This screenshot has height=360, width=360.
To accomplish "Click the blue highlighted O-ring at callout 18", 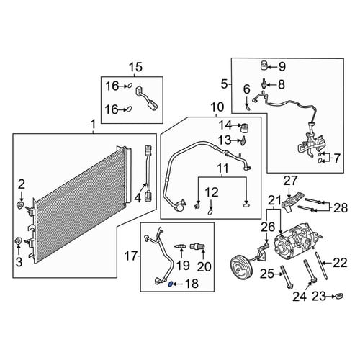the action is point(170,284).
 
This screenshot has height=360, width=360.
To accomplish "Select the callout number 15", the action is point(136,67).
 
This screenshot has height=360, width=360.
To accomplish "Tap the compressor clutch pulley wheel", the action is point(240,266).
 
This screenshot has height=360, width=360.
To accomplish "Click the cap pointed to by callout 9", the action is point(264,66).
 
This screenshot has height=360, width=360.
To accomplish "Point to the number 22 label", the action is point(340,263).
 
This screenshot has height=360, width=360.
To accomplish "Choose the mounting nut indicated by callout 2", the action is point(20,205).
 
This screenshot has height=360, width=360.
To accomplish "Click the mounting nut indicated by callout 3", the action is point(19,240).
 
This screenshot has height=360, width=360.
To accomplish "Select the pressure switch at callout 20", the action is point(197,246).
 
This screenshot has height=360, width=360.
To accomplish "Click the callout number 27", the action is point(291,181).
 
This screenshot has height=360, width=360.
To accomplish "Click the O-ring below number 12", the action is point(210,212).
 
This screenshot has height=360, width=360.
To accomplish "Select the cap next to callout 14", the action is point(245,128).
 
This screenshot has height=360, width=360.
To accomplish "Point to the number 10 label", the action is point(217,107).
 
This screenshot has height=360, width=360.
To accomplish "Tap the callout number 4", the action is point(138,198).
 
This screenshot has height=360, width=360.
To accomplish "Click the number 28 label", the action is point(341,208).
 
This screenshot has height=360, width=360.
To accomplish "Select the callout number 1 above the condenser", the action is point(93,125).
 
